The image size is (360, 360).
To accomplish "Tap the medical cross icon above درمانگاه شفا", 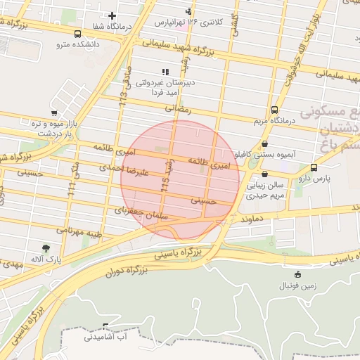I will [112, 15].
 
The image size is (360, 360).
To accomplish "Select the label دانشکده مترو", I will [79, 44].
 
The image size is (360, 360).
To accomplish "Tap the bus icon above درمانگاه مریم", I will [274, 110].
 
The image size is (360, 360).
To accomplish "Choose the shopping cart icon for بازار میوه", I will [54, 112].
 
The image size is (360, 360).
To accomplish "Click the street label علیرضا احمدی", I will [122, 169].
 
